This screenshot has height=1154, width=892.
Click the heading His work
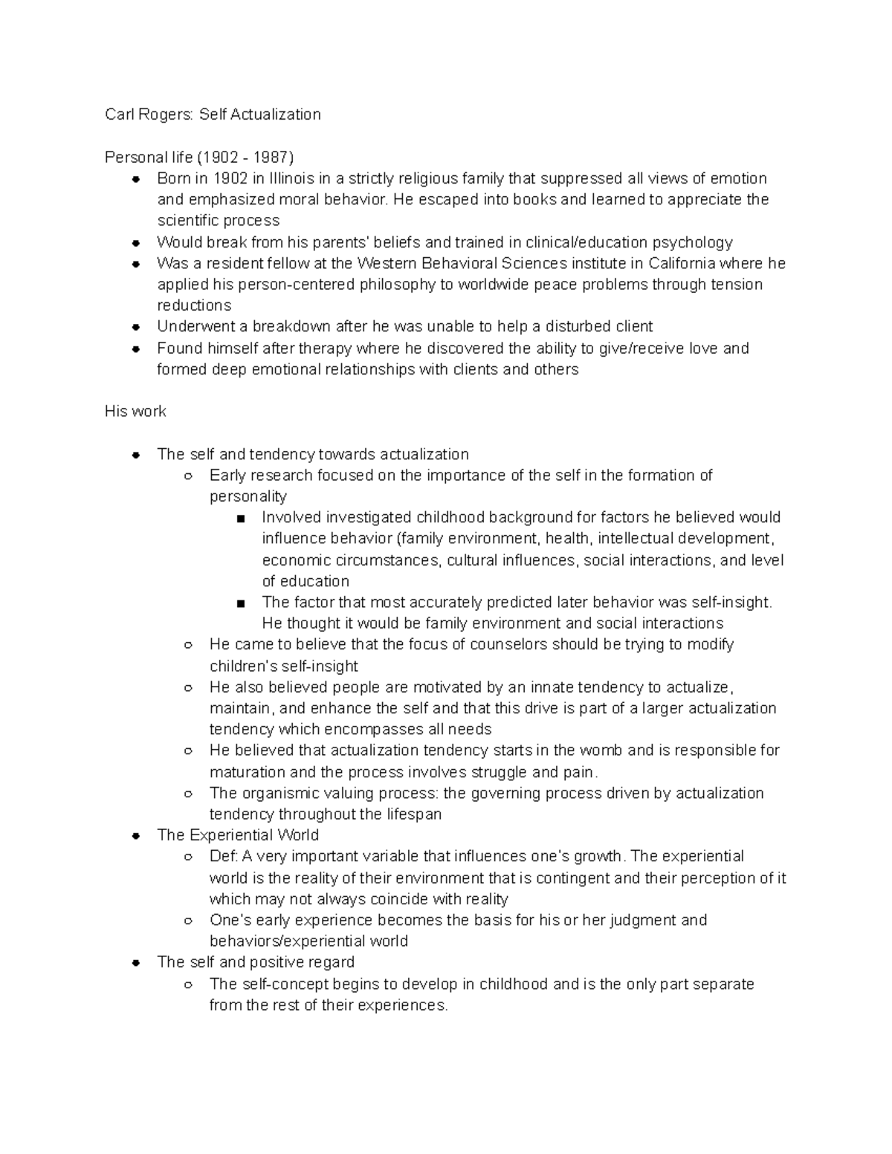(x=135, y=412)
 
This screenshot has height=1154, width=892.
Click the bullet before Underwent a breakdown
(x=136, y=327)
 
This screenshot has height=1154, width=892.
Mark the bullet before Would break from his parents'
(x=136, y=243)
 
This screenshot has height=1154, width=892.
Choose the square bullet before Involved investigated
(x=240, y=519)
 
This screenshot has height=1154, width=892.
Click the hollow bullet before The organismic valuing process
(x=188, y=794)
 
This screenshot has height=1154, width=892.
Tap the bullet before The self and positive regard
(x=136, y=963)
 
